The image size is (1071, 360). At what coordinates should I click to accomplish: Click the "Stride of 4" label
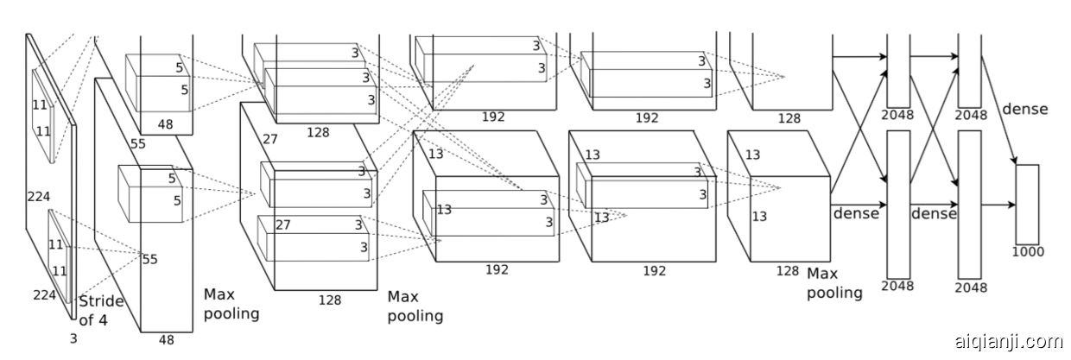(x=101, y=311)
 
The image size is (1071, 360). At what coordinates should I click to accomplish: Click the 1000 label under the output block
(x=1027, y=252)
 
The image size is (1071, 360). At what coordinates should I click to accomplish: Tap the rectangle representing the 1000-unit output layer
(x=1027, y=205)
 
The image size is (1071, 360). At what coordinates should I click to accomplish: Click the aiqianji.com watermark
(x=1009, y=341)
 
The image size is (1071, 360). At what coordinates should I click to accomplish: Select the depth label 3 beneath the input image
(x=73, y=339)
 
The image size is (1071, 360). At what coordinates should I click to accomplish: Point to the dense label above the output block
(x=1024, y=110)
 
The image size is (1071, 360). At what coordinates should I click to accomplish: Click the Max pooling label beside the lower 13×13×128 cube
(x=834, y=283)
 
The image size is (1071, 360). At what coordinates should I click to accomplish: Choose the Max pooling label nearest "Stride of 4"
(x=231, y=304)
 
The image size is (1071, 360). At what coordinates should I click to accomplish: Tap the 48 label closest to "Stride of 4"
(x=166, y=340)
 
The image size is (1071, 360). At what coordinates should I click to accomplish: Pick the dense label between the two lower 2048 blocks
(x=934, y=213)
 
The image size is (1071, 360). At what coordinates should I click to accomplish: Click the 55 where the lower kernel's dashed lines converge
(x=149, y=259)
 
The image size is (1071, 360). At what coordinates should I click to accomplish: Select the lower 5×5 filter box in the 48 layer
(x=150, y=194)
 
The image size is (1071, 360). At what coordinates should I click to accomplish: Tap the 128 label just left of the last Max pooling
(x=787, y=271)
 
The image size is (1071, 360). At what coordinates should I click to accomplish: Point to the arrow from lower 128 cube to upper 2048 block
(x=859, y=129)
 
